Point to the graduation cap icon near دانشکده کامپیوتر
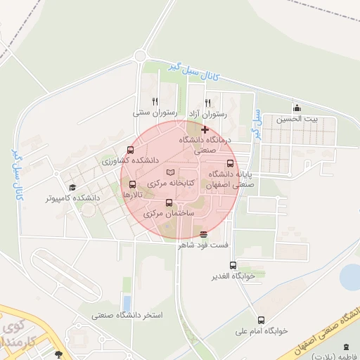(72, 187)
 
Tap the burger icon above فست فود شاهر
(204, 234)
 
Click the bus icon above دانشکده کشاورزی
(129, 150)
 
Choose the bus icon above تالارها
(133, 184)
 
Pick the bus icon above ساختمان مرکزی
(168, 202)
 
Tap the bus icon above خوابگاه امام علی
(262, 320)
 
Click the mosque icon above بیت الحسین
(297, 108)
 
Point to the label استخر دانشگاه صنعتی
(127, 315)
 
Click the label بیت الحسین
(297, 119)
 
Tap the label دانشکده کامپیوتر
(73, 198)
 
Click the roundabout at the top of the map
(141, 56)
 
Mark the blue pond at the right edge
(350, 276)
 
